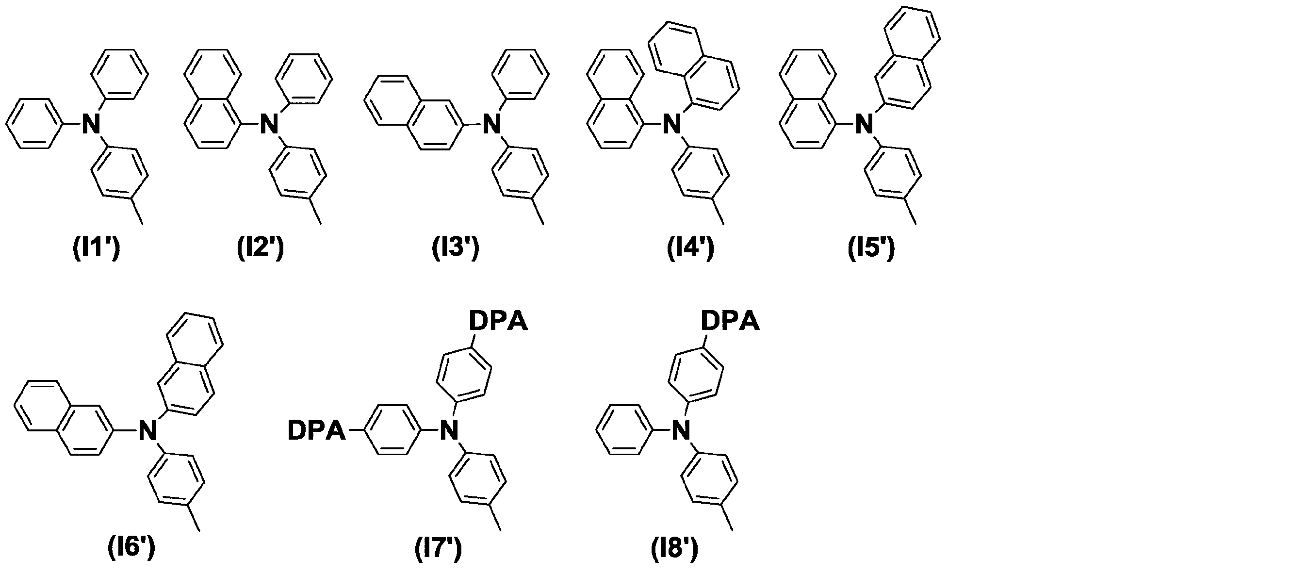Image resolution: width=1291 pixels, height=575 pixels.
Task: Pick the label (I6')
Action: (132, 549)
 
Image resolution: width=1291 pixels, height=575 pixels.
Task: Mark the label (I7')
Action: (439, 549)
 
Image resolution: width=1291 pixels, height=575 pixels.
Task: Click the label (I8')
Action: (674, 549)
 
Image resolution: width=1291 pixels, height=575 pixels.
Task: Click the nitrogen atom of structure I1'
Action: (92, 124)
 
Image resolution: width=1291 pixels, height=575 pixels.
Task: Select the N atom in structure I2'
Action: (270, 124)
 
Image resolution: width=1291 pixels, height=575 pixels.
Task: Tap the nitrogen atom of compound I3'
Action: (492, 124)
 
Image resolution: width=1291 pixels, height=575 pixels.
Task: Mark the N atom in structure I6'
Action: (148, 430)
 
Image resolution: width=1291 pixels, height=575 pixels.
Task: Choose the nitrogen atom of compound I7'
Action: (450, 430)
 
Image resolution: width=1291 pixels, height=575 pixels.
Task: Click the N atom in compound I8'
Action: (682, 430)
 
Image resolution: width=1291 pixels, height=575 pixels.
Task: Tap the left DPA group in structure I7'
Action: (317, 430)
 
